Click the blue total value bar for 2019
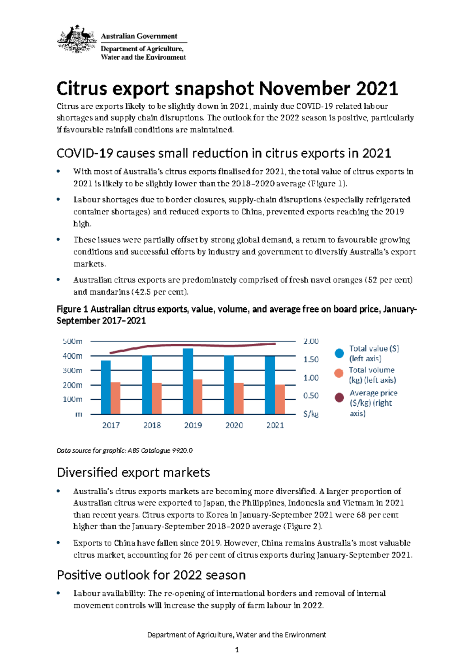click(x=188, y=381)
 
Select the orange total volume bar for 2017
click(x=115, y=398)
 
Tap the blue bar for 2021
click(x=270, y=385)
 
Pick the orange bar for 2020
click(x=239, y=398)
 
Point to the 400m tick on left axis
click(x=73, y=356)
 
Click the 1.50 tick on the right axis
click(x=311, y=359)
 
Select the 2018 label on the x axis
click(x=152, y=425)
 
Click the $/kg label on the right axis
click(x=311, y=414)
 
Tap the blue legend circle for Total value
click(x=339, y=354)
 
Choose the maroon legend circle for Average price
click(x=339, y=397)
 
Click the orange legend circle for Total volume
click(x=339, y=373)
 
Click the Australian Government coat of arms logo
click(x=77, y=40)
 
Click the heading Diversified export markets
click(x=133, y=472)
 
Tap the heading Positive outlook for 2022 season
click(x=151, y=575)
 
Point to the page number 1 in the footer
click(x=237, y=650)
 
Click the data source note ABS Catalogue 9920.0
click(x=160, y=450)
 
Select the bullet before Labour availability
click(x=58, y=593)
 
